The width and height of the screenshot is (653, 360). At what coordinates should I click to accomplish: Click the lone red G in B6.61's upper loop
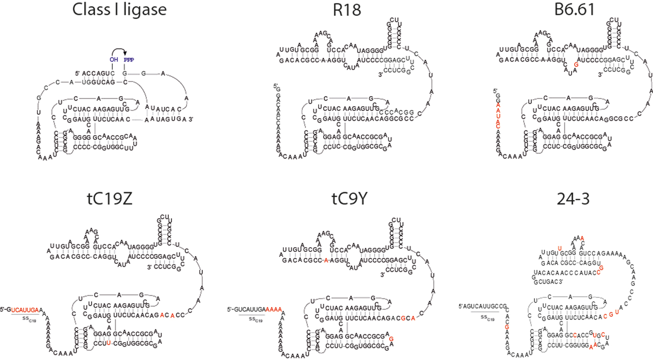[577, 65]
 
